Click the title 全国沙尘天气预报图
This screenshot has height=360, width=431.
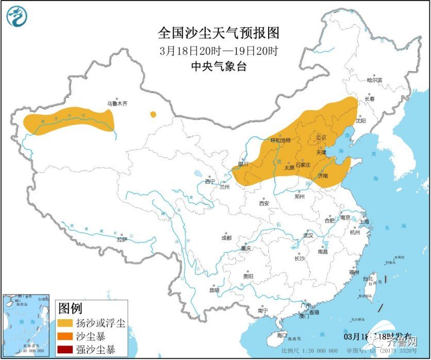click(x=219, y=34)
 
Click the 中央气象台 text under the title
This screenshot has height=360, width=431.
click(x=219, y=66)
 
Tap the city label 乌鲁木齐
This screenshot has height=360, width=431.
click(x=117, y=104)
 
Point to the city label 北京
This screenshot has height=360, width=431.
click(x=321, y=137)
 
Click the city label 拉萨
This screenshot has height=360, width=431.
click(x=122, y=239)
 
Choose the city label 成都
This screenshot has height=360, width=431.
click(x=226, y=238)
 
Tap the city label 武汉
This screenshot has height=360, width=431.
click(x=308, y=235)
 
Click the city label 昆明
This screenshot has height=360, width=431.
click(x=214, y=290)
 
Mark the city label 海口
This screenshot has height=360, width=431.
click(x=281, y=335)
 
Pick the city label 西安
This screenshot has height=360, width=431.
click(x=264, y=204)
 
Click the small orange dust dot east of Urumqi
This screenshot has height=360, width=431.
click(x=153, y=114)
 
